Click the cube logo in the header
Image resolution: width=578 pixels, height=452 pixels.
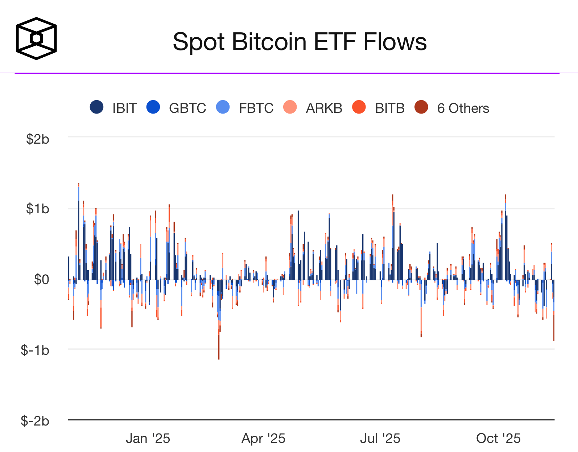coord(36,38)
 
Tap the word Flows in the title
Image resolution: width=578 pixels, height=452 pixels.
coord(395,42)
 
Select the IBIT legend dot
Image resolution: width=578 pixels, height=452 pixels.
coord(96,107)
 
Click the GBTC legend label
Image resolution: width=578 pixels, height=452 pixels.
coord(187,108)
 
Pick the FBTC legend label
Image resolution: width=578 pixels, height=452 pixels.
coord(256,108)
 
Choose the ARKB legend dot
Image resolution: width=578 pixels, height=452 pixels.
coord(290,107)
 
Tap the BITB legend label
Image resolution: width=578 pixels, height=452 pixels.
coord(390,108)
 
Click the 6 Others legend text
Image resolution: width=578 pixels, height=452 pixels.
coord(463,108)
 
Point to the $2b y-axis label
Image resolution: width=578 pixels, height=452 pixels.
coord(37,139)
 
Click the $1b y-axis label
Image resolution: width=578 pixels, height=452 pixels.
coord(37,209)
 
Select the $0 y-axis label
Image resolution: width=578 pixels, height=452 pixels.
coord(41,279)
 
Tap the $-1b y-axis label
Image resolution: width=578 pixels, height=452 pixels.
coord(35,350)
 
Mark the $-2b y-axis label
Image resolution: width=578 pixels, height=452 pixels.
coord(35,421)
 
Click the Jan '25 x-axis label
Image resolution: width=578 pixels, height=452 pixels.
coord(148,439)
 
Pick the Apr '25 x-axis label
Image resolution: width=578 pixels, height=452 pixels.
coord(264,439)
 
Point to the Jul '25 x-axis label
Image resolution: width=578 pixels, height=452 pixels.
coord(380,439)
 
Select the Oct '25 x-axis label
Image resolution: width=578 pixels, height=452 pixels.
coord(498,439)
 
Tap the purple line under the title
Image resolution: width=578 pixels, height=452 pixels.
coord(286,73)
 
